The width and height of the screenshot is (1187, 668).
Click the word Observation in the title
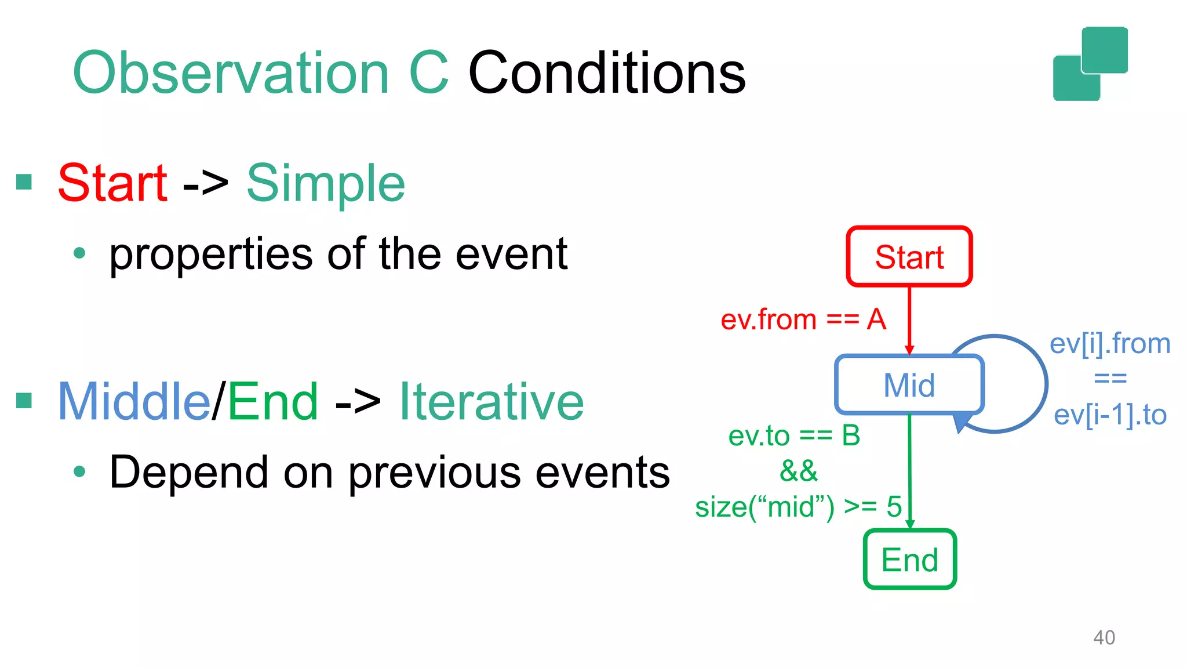pos(231,73)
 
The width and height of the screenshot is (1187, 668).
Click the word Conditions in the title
pos(606,73)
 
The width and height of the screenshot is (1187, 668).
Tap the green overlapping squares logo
pos(1090,64)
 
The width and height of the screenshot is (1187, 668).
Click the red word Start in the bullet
pos(112,183)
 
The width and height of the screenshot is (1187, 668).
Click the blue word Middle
pos(133,401)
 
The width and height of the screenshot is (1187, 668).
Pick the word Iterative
pos(491,401)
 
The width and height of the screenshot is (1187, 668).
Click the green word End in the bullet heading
pos(273,401)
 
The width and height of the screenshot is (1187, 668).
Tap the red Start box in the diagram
pos(909,256)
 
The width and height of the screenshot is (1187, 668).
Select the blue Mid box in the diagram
pos(909,384)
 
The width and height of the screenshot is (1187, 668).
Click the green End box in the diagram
pos(909,560)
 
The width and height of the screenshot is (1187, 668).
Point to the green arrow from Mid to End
pos(910,470)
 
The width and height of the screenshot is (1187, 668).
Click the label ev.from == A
pos(803,320)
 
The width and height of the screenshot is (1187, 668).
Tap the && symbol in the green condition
pos(798,470)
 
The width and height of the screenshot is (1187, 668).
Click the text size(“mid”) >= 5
pos(798,507)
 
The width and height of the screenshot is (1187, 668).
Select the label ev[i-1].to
pos(1109,415)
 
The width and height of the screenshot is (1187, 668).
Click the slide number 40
pos(1104,637)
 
